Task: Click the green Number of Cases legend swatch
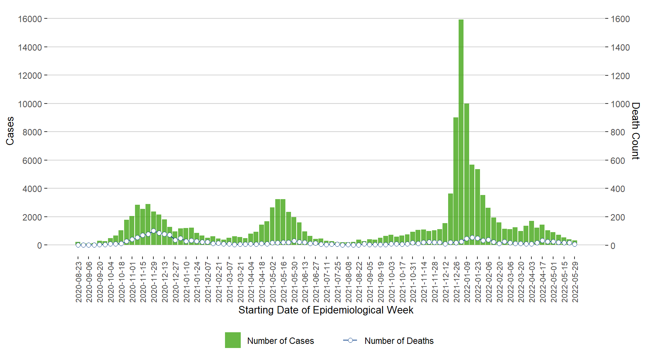(x=232, y=340)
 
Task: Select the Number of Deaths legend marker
(x=350, y=340)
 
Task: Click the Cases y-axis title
(x=10, y=131)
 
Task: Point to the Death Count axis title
(x=635, y=131)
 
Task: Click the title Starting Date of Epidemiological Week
(x=325, y=310)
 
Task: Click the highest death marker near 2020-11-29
(x=153, y=231)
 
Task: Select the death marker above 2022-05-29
(x=574, y=244)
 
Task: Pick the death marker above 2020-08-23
(x=78, y=245)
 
